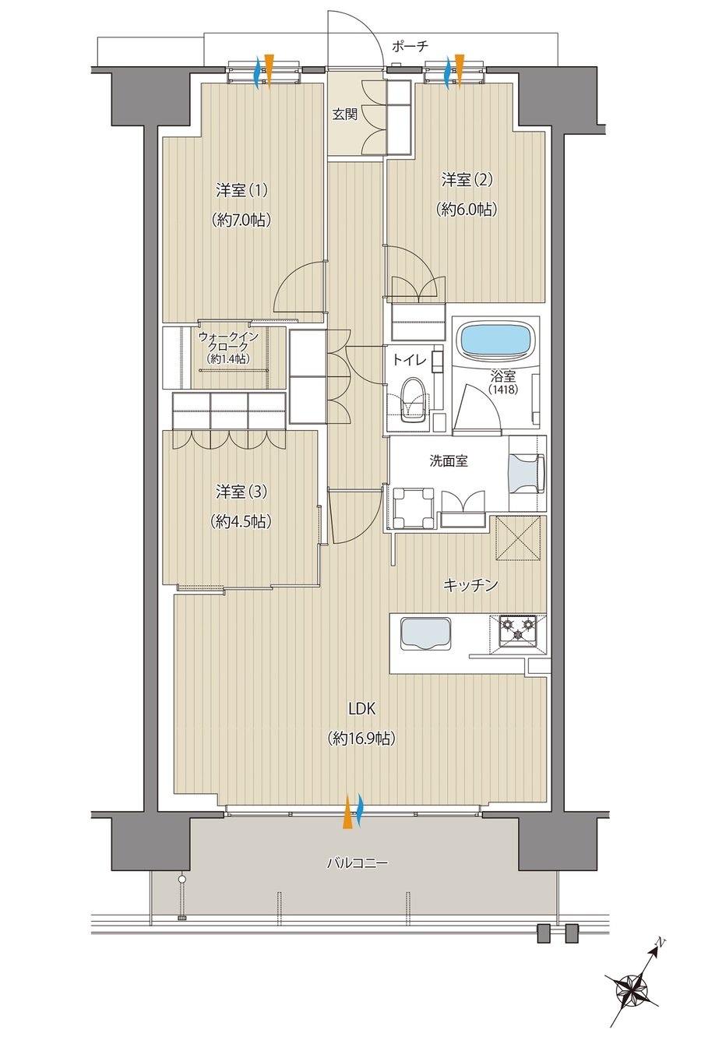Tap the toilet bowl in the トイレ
pyautogui.click(x=413, y=401)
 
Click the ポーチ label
pyautogui.click(x=410, y=46)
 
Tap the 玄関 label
pyautogui.click(x=345, y=114)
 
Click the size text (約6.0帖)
pyautogui.click(x=467, y=210)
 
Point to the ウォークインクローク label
pyautogui.click(x=229, y=342)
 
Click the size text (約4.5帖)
pyautogui.click(x=241, y=521)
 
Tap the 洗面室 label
pyautogui.click(x=449, y=460)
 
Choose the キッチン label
pyautogui.click(x=470, y=586)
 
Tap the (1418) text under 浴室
pyautogui.click(x=503, y=390)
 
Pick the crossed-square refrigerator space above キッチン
pyautogui.click(x=518, y=538)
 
